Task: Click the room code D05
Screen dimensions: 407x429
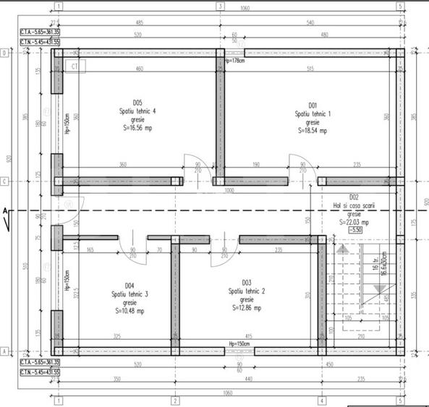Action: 137,102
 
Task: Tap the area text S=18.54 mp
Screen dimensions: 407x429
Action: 313,131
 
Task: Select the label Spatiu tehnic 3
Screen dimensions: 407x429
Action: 129,294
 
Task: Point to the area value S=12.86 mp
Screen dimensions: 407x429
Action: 247,307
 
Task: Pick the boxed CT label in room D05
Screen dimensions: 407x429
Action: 75,67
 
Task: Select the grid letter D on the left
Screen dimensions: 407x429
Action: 4,53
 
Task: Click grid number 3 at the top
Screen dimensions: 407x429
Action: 220,6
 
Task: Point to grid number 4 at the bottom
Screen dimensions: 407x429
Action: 320,400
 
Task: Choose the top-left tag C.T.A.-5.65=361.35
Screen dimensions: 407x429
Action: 40,33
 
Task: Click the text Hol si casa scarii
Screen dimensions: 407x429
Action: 354,205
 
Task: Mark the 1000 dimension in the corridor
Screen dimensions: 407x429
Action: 229,191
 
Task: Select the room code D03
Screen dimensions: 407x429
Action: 247,283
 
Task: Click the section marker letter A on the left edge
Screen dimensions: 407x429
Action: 5,210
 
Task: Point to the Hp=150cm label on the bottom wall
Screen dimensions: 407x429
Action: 239,343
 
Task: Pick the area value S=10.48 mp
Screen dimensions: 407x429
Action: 129,312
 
